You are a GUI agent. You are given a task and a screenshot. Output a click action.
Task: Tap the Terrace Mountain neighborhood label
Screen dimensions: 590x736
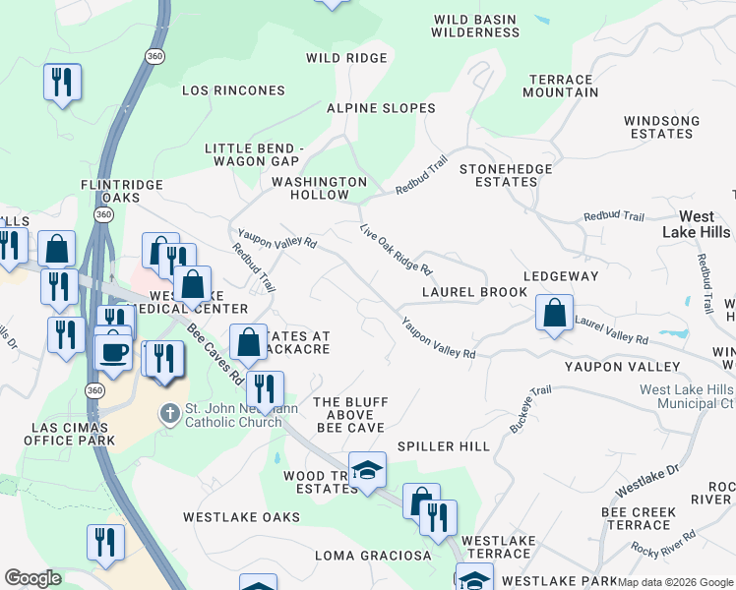(563, 87)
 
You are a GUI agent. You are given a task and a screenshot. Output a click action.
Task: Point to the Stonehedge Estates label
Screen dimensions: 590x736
(506, 175)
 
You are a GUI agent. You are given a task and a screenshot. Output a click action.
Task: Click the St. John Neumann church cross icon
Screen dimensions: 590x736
(170, 411)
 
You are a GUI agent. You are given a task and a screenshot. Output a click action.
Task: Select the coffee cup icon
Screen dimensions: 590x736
(113, 351)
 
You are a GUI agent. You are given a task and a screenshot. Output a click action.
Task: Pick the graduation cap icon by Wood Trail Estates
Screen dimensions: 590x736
(367, 471)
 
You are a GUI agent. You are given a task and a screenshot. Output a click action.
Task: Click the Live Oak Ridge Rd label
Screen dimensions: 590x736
(397, 249)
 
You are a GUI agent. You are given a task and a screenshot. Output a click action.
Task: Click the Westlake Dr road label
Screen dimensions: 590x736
(646, 481)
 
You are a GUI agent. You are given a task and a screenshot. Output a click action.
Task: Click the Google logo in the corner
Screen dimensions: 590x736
(32, 578)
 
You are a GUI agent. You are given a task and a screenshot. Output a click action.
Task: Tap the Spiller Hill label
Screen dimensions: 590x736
(443, 446)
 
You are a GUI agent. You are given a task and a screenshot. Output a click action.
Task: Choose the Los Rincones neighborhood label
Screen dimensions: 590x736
(233, 90)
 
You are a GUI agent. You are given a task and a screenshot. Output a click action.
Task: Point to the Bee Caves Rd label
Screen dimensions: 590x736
(215, 354)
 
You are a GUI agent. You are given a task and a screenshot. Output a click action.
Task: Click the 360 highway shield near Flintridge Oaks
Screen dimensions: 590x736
(103, 213)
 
